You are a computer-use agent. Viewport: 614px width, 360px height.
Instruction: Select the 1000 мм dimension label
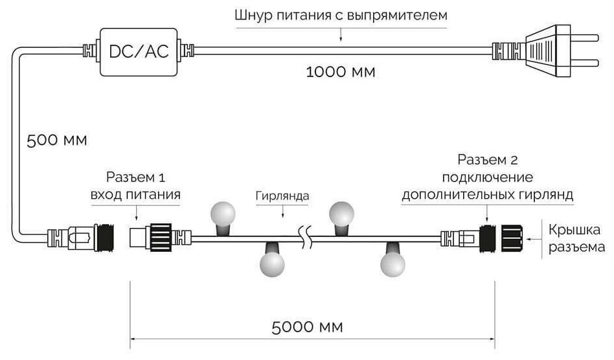tap(341, 72)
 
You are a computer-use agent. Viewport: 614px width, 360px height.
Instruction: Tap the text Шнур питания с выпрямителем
tap(341, 15)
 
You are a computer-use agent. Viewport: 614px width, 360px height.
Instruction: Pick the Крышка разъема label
tap(577, 238)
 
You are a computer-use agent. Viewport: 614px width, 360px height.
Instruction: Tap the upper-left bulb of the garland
tap(222, 214)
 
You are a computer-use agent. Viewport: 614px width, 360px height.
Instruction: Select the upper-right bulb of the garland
tap(342, 213)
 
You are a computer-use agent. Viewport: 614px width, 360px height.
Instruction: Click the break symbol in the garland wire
tap(304, 236)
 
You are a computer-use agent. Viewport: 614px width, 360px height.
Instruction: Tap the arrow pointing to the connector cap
tap(536, 238)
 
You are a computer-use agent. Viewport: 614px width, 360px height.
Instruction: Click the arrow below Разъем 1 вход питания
tap(135, 213)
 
